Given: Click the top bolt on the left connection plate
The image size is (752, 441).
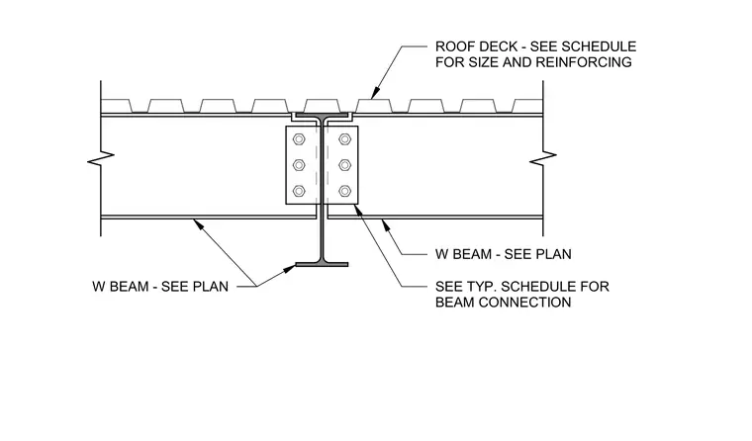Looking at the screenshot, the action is pyautogui.click(x=299, y=139).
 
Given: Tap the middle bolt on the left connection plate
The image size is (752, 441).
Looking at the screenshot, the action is pyautogui.click(x=299, y=165).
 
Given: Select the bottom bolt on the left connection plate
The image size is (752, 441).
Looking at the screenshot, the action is pyautogui.click(x=299, y=191).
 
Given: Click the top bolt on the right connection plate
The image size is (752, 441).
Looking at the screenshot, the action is pyautogui.click(x=344, y=139).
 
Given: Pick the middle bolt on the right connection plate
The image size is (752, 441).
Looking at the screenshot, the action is pyautogui.click(x=344, y=165).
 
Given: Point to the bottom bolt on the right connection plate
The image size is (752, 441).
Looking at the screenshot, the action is pyautogui.click(x=344, y=191).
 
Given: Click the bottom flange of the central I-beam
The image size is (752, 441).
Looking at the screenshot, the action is pyautogui.click(x=322, y=264).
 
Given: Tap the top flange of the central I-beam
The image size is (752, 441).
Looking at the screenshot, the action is pyautogui.click(x=322, y=116).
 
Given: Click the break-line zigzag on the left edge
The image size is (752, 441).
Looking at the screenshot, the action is pyautogui.click(x=101, y=158).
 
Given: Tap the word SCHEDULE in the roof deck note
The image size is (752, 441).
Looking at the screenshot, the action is pyautogui.click(x=599, y=46).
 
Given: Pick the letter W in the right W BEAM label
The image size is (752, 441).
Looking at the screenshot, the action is pyautogui.click(x=441, y=254).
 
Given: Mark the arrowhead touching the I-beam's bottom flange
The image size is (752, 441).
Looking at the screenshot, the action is pyautogui.click(x=290, y=269).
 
